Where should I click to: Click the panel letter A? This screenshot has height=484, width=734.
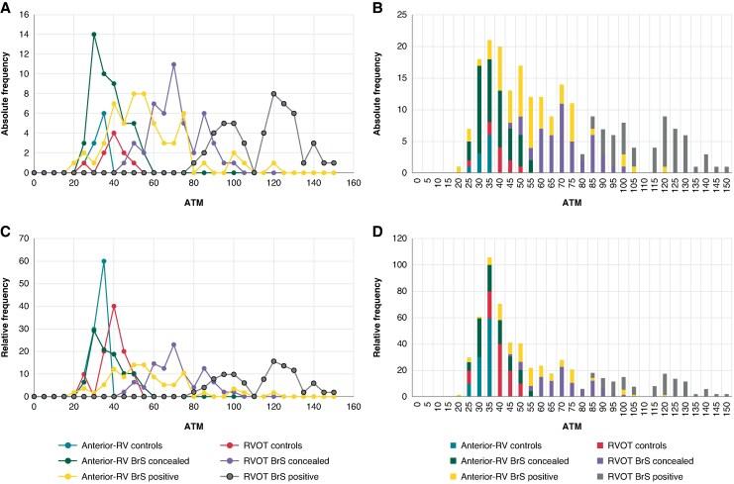(x=8, y=8)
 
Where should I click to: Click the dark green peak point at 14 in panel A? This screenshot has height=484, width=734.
(x=93, y=35)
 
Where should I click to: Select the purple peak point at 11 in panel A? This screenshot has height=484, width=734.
(x=173, y=64)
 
